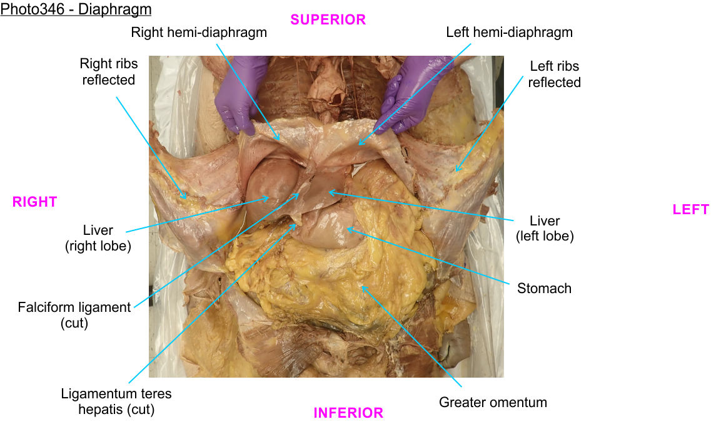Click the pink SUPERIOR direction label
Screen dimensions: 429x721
[x=328, y=19]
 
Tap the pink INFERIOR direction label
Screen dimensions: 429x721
[x=348, y=413]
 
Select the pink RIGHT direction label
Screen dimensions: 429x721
[x=34, y=202]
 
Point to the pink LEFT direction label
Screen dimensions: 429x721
[x=690, y=209]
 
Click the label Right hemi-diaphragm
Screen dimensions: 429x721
[x=199, y=33]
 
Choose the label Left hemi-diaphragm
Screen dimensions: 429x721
[x=509, y=33]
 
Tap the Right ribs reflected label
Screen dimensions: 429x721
[x=108, y=71]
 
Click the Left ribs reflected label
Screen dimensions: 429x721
[x=554, y=74]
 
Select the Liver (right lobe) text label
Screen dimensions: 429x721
[x=98, y=238]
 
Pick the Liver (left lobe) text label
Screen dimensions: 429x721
[x=544, y=228]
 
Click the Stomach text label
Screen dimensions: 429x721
[x=544, y=288]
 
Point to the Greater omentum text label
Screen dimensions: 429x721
[x=493, y=402]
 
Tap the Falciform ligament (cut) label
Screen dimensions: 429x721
[x=74, y=315]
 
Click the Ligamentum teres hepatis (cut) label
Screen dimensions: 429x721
[x=116, y=401]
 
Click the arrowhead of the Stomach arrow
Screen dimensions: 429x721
[x=348, y=229]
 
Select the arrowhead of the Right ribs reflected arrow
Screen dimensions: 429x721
[x=187, y=199]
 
